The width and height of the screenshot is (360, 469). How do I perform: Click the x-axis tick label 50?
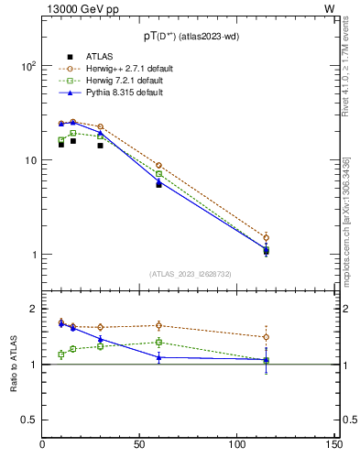pyautogui.click(x=140, y=445)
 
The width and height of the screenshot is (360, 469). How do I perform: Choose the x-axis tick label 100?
pyautogui.click(x=237, y=445)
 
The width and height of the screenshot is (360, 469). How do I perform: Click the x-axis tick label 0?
pyautogui.click(x=43, y=445)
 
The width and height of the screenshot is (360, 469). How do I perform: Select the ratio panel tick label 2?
pyautogui.click(x=33, y=309)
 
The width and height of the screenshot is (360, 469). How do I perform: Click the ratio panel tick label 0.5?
pyautogui.click(x=28, y=420)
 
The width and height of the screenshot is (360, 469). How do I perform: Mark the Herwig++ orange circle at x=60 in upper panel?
pyautogui.click(x=159, y=166)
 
